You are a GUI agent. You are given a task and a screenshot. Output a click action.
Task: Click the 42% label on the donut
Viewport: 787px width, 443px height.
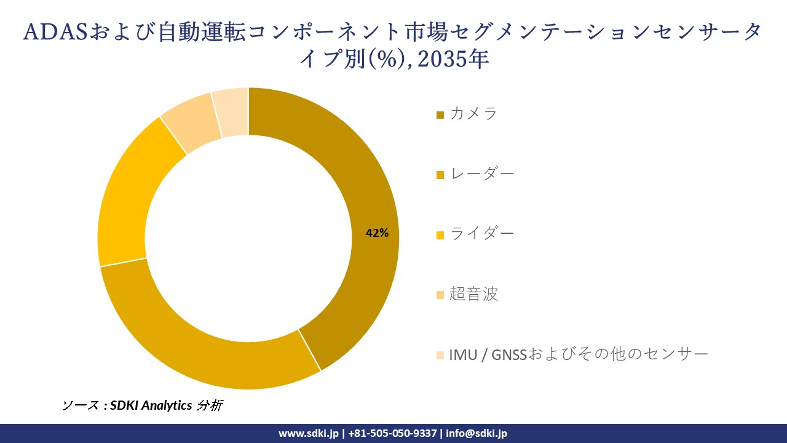[377, 233]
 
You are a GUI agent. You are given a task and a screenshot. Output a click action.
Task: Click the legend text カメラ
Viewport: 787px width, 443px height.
[473, 114]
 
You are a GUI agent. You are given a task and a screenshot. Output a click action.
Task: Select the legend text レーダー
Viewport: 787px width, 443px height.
[481, 174]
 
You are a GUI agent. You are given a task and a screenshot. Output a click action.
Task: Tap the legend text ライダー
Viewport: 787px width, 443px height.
[481, 234]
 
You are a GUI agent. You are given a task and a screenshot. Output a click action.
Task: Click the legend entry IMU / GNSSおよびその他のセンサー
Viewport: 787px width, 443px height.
[578, 354]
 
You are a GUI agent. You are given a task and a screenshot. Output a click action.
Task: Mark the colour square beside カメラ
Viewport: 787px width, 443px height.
[440, 115]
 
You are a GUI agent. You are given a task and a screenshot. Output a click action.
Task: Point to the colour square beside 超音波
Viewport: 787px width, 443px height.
[440, 295]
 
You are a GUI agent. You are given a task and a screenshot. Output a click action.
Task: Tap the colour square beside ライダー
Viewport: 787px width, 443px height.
[440, 235]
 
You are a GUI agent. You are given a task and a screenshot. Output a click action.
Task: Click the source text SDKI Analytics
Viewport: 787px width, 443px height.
[151, 405]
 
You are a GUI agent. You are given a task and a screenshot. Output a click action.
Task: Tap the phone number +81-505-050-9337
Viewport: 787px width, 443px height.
[393, 433]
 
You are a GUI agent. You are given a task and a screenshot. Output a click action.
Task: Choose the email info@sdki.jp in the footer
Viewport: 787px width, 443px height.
[477, 433]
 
